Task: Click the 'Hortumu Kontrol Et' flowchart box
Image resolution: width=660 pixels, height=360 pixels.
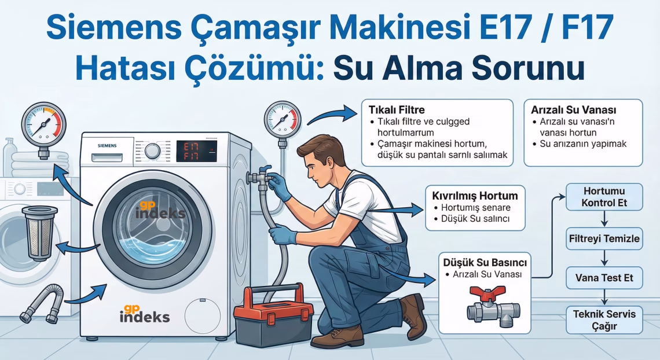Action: click(x=604, y=197)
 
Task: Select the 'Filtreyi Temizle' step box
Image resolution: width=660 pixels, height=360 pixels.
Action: click(x=604, y=238)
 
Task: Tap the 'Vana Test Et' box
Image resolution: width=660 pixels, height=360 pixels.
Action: click(x=604, y=278)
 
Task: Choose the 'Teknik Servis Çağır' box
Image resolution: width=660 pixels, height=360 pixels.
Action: click(x=604, y=320)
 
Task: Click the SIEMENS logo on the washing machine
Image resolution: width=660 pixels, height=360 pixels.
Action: click(x=107, y=145)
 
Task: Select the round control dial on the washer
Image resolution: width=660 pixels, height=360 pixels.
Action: click(x=152, y=151)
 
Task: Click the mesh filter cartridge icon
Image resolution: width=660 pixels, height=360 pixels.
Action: click(x=39, y=232)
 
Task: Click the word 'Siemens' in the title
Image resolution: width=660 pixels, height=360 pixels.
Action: click(x=116, y=29)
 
